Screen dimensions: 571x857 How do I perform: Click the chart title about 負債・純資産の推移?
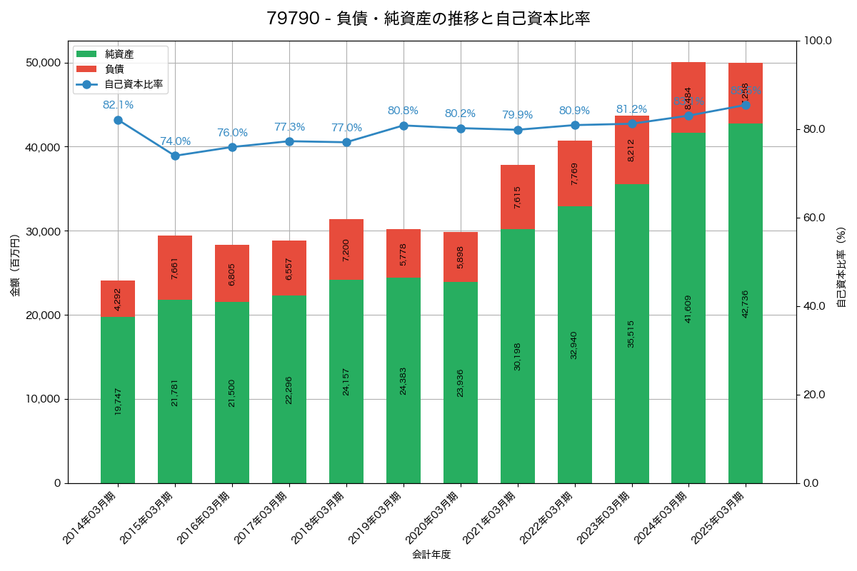(x=428, y=19)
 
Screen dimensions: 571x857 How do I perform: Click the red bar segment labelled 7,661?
(x=175, y=268)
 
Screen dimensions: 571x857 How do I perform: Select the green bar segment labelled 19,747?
(x=118, y=400)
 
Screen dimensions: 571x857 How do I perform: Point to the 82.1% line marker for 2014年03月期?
(x=118, y=121)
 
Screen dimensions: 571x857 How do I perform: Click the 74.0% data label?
(x=175, y=141)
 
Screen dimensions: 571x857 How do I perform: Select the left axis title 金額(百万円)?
(x=15, y=266)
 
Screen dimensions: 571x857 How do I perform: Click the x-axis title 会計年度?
(x=431, y=555)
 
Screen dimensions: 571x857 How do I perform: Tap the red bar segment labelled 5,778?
(x=404, y=253)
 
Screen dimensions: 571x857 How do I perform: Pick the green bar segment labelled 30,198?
(x=518, y=356)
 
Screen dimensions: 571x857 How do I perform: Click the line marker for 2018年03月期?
(x=346, y=142)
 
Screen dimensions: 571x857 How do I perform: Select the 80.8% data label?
(x=403, y=111)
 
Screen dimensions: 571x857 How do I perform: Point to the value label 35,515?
(x=631, y=333)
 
